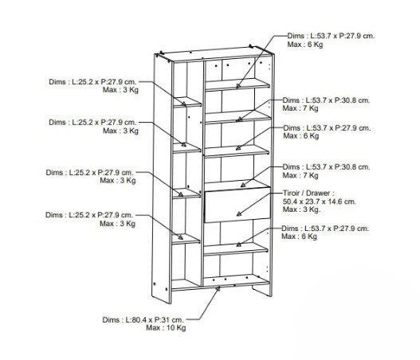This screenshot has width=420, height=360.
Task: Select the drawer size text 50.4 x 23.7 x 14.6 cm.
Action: pos(320,202)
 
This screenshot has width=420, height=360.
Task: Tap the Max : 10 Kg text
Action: pos(166,327)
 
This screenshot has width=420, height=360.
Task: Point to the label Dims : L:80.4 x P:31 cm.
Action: pos(143,319)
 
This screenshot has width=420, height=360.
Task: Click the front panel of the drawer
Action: pos(237,205)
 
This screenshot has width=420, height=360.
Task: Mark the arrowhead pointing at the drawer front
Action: pos(239,213)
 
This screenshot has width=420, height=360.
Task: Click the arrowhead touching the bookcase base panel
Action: pos(218,288)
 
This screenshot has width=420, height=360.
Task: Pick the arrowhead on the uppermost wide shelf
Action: pos(238,86)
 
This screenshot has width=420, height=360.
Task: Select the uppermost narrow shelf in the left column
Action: pos(187,102)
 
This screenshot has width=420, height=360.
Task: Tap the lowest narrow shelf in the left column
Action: pos(186,239)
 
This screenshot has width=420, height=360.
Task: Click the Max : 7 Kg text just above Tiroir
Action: pos(300,175)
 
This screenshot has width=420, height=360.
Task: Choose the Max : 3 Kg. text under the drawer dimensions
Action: pos(301,209)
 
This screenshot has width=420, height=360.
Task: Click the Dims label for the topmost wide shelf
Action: pos(331,36)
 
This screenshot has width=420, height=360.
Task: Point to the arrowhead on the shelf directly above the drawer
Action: pos(243,185)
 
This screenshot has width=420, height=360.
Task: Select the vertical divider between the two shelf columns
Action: pos(202,173)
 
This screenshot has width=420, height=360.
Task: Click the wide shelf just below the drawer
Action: pos(236,249)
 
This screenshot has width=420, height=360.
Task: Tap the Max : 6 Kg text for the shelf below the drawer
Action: pos(299,237)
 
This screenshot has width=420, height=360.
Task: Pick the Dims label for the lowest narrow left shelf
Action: pos(89,215)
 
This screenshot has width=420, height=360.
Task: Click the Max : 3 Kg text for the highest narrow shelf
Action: pos(120,90)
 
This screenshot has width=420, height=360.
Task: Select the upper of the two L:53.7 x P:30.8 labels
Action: pos(326,100)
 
